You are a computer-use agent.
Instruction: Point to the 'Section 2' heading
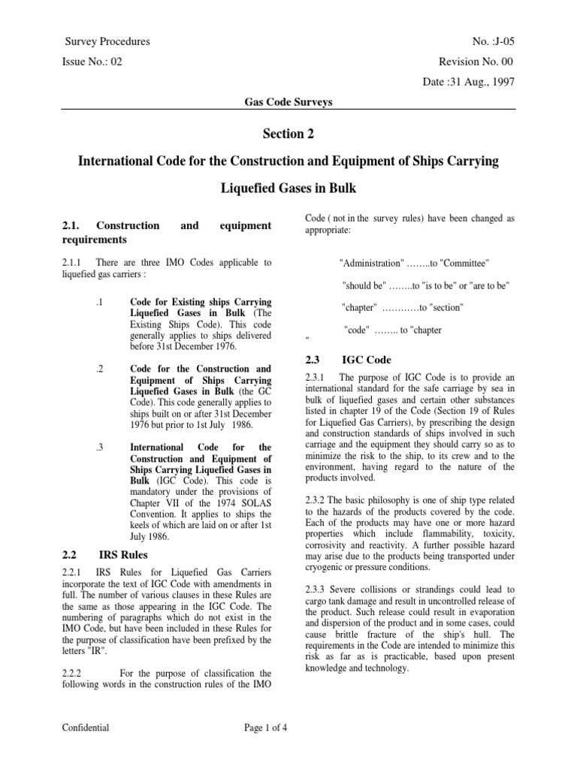[x=288, y=134]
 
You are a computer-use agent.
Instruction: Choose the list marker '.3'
[x=99, y=447]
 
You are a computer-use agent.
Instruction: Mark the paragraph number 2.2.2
[x=76, y=653]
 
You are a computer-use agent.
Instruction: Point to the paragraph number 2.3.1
[x=319, y=376]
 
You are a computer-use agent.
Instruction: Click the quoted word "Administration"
[x=371, y=264]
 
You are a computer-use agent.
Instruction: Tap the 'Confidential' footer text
[x=86, y=727]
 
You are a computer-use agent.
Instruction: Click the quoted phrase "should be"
[x=364, y=286]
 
